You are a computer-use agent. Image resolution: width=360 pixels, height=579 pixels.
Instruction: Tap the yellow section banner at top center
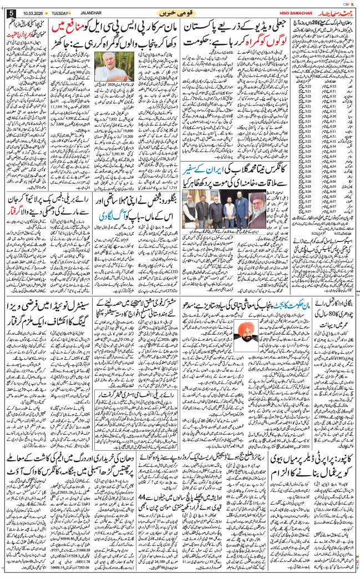coord(180,12)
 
